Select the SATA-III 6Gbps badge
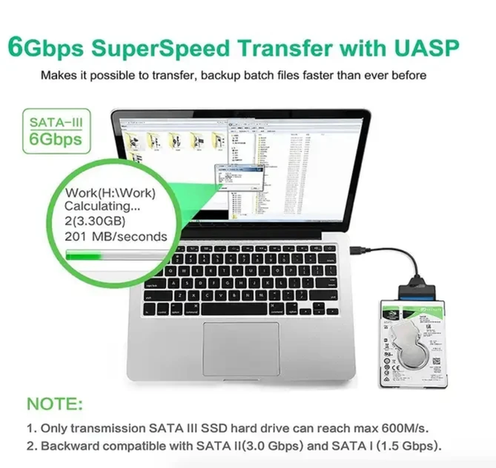pos(55,131)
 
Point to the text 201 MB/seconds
pos(116,237)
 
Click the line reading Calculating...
pos(102,208)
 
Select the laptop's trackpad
pos(241,347)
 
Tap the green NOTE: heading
pos(55,405)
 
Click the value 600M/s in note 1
pos(404,429)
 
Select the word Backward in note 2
pos(75,447)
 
